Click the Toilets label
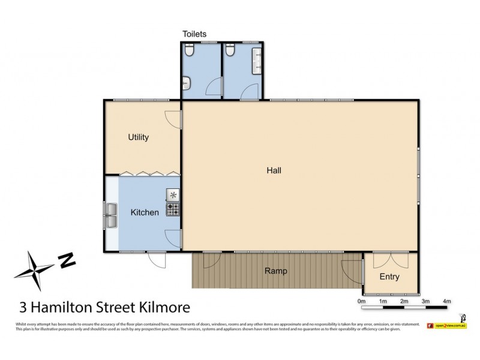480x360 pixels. pyautogui.click(x=195, y=34)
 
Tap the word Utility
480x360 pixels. pyautogui.click(x=138, y=137)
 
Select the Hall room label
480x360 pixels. pyautogui.click(x=274, y=170)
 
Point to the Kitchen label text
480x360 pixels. pyautogui.click(x=145, y=212)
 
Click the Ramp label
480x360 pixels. pyautogui.click(x=275, y=271)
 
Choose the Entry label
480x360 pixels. pyautogui.click(x=389, y=277)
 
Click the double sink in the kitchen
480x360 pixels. pyautogui.click(x=112, y=215)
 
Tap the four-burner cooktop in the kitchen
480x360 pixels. pyautogui.click(x=173, y=209)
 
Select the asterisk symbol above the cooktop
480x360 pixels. pyautogui.click(x=173, y=194)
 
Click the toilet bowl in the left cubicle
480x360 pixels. pyautogui.click(x=190, y=53)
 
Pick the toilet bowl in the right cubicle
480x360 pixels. pyautogui.click(x=230, y=53)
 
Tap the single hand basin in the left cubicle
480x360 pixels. pyautogui.click(x=187, y=82)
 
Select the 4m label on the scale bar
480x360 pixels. pyautogui.click(x=446, y=301)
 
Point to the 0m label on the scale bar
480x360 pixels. pyautogui.click(x=361, y=301)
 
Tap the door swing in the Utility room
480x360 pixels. pyautogui.click(x=173, y=119)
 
